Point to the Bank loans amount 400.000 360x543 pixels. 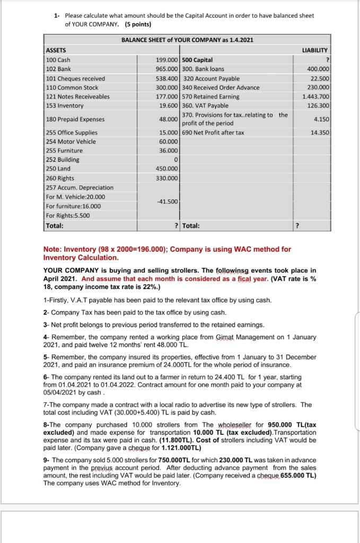[x=319, y=69]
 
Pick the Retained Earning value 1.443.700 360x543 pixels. [x=317, y=97]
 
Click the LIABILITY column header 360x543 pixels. [x=317, y=50]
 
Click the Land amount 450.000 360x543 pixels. [x=168, y=169]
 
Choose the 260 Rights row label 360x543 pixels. [x=60, y=178]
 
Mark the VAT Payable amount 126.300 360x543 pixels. [x=319, y=105]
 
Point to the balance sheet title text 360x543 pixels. [x=183, y=40]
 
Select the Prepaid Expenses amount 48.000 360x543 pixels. [x=169, y=119]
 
